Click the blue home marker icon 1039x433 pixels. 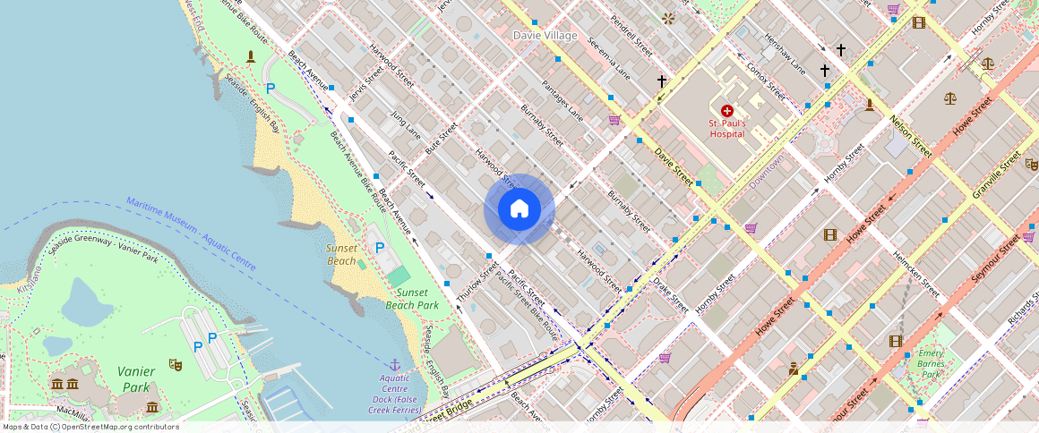[x=519, y=209]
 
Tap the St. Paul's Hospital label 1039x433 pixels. [x=726, y=128]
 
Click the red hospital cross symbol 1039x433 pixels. [x=726, y=110]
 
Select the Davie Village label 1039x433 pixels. [x=545, y=35]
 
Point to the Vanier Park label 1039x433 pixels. [x=135, y=378]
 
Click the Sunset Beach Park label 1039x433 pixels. [x=417, y=299]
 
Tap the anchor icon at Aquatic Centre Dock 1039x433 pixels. [x=394, y=364]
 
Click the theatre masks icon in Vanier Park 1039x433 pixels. [x=176, y=365]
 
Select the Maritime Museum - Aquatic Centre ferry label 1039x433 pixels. [x=191, y=233]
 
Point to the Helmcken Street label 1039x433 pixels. [x=914, y=274]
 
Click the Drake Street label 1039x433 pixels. [x=670, y=293]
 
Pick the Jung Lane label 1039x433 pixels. [x=406, y=125]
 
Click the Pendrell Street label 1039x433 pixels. [x=630, y=35]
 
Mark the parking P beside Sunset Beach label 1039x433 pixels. [x=380, y=248]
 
